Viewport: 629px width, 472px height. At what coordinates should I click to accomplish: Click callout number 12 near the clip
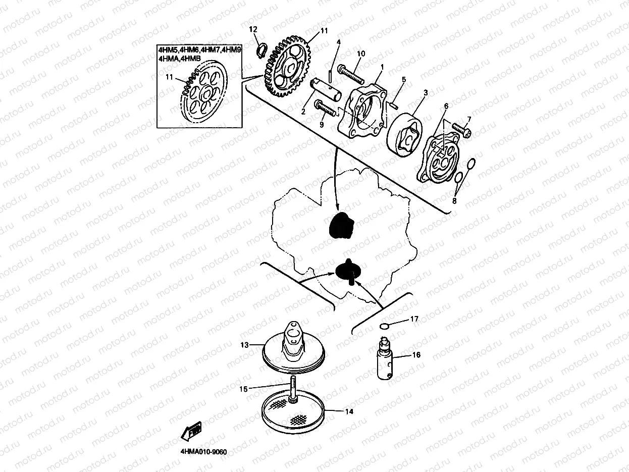pos(253,30)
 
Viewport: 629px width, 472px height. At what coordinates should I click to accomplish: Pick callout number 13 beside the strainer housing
pos(245,345)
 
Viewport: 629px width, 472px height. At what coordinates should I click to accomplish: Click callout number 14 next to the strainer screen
pos(349,411)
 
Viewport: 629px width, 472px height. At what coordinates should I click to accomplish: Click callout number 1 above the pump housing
pos(382,67)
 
